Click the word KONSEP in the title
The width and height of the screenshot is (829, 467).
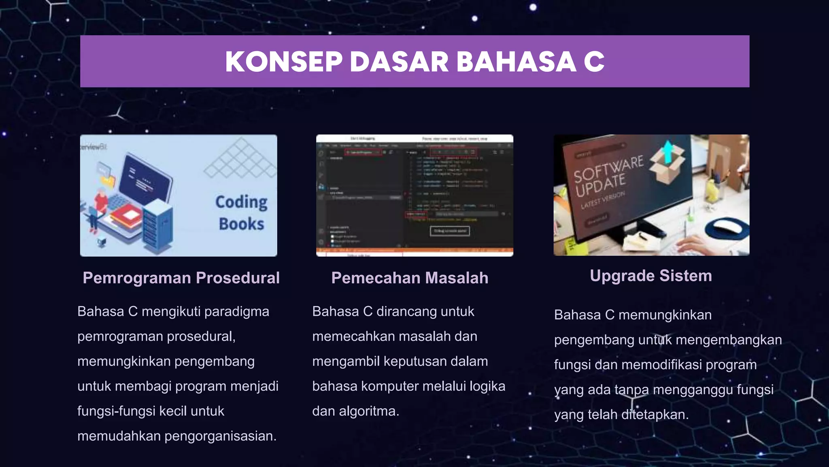pyautogui.click(x=284, y=62)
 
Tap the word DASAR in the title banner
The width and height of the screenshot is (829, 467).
pyautogui.click(x=399, y=62)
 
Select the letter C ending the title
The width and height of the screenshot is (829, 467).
pyautogui.click(x=594, y=62)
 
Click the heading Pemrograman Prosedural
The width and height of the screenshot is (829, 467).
pyautogui.click(x=181, y=278)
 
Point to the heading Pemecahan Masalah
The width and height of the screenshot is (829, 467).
pyautogui.click(x=410, y=278)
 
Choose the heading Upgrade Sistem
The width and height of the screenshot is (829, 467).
pyautogui.click(x=650, y=276)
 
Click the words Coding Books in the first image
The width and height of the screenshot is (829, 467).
pyautogui.click(x=241, y=213)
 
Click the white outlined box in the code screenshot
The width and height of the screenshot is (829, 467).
pyautogui.click(x=450, y=231)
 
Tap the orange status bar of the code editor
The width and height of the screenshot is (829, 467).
pyautogui.click(x=414, y=251)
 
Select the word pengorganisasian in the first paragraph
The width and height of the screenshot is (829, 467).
pyautogui.click(x=220, y=436)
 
